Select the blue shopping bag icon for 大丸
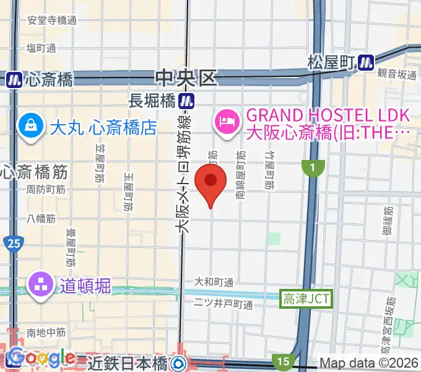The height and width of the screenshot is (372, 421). tap(30, 126)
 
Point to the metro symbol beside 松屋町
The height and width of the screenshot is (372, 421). tap(367, 61)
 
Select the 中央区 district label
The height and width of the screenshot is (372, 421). tap(187, 78)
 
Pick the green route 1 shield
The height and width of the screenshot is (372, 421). tap(313, 167)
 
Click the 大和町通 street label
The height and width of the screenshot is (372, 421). tap(214, 283)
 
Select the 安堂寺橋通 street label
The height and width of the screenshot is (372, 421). tap(52, 20)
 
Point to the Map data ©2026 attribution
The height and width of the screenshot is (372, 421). tap(369, 363)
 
